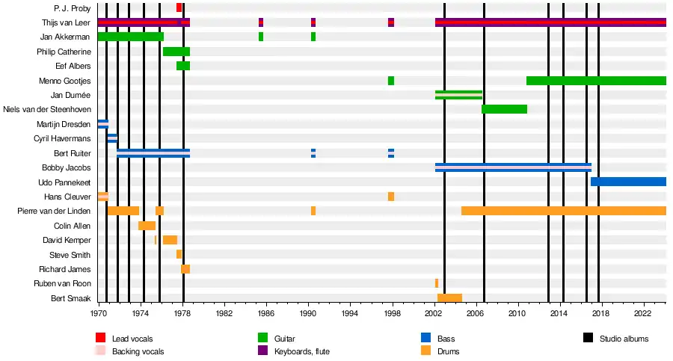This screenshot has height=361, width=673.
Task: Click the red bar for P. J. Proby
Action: tap(179, 7)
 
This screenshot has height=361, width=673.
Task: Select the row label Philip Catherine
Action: tap(64, 52)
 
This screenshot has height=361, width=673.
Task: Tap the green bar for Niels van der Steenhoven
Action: tap(505, 109)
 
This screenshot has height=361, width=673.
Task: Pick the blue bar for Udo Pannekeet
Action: tap(628, 182)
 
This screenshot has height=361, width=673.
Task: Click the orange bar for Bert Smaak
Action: tap(449, 298)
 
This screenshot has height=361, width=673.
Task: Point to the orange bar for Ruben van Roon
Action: tap(437, 283)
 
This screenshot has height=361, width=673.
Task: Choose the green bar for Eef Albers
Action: tap(183, 66)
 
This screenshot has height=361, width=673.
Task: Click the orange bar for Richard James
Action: tap(185, 269)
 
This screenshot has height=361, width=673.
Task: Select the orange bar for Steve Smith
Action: tap(179, 254)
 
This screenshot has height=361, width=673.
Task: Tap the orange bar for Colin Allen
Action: tap(147, 226)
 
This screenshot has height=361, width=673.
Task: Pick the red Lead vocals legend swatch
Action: tap(100, 339)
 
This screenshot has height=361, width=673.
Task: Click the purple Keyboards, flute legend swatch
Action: tap(262, 351)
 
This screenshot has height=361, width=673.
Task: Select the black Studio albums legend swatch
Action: tap(587, 339)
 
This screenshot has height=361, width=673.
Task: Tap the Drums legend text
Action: tap(449, 351)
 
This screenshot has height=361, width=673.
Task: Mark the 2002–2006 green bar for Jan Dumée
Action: tap(458, 95)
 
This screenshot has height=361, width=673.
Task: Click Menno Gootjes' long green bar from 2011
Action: tap(596, 81)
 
